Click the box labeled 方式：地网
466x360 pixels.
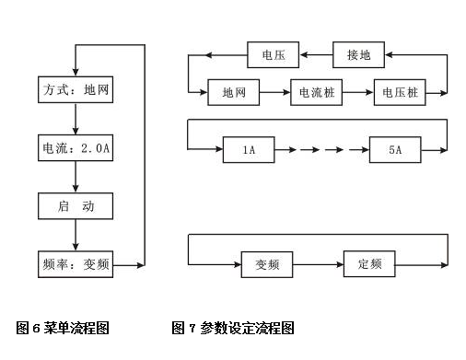coord(76,91)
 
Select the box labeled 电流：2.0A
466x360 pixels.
coord(76,148)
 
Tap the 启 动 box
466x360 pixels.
coord(76,206)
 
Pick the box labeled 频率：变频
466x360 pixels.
coord(76,263)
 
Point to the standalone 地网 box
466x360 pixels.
coord(233,93)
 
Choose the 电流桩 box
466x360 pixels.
coord(317,93)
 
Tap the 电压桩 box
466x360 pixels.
coord(402,93)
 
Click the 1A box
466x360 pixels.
coord(250,149)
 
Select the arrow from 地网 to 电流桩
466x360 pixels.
coord(274,93)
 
